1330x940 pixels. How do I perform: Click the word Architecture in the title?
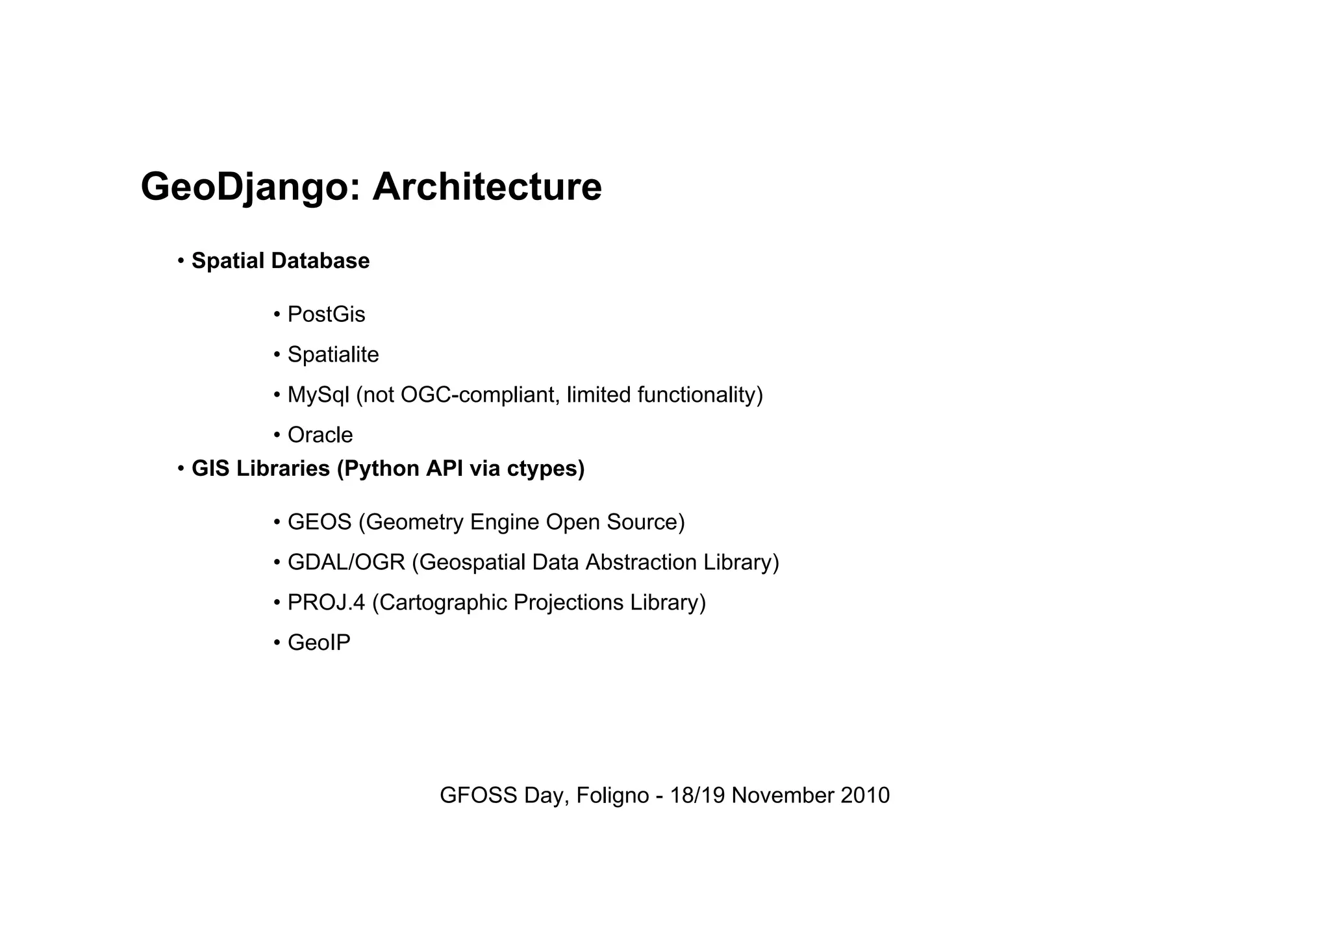pos(486,188)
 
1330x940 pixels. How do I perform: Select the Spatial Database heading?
pos(281,261)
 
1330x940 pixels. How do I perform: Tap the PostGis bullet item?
pos(326,315)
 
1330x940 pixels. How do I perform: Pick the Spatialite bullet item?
pos(333,355)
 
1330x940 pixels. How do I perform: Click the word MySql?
pos(318,395)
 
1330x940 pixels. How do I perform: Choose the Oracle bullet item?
pos(320,435)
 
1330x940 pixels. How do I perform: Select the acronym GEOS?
pos(320,523)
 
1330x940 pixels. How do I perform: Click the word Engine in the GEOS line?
pos(505,523)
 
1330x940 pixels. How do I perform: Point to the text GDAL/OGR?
pos(346,562)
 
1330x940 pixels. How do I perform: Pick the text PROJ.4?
pos(327,602)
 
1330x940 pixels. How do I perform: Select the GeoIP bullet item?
pos(319,643)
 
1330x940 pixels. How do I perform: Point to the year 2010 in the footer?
pos(865,796)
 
